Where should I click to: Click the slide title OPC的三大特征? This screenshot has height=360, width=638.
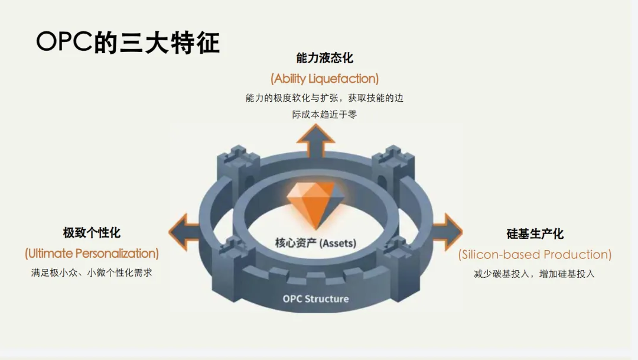point(128,43)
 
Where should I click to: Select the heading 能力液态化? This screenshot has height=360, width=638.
point(324,58)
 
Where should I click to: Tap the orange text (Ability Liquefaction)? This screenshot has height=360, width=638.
point(324,78)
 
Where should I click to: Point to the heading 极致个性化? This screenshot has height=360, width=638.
point(92,232)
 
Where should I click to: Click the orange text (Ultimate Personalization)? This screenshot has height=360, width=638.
point(92,254)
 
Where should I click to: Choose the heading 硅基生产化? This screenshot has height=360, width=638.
point(535,233)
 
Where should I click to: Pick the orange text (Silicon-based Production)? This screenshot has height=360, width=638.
point(535,255)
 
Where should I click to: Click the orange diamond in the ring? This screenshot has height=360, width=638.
point(311,204)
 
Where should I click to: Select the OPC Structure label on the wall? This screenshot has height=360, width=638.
point(315,299)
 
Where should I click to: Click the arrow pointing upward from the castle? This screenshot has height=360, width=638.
point(315,142)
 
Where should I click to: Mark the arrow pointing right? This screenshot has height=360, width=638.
point(447,231)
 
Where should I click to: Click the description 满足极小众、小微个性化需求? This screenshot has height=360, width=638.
point(92,273)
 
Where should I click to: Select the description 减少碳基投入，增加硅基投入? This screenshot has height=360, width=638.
point(534,274)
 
